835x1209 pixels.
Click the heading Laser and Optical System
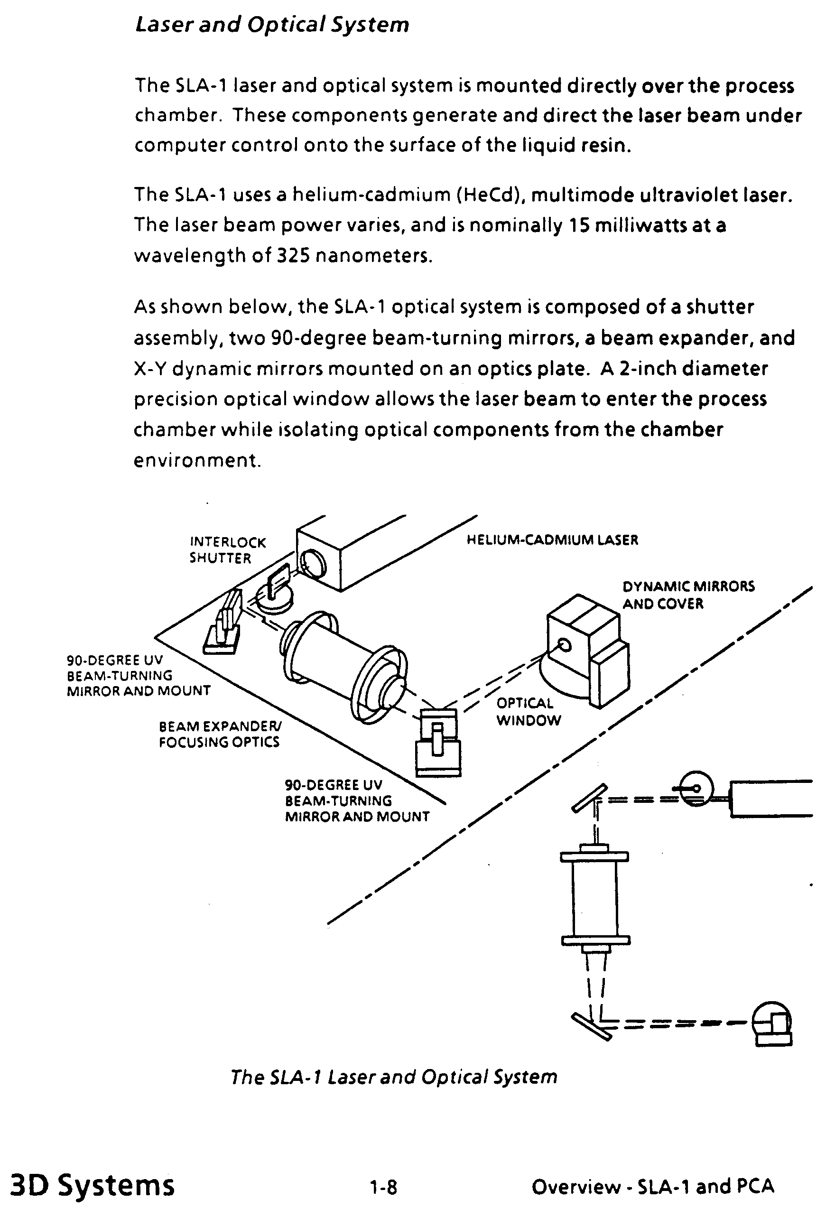(272, 25)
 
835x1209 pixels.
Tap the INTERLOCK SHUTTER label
(228, 550)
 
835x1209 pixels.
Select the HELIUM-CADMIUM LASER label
(552, 539)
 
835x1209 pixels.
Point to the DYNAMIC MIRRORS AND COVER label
(688, 595)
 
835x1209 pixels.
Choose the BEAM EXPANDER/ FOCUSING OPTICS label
(220, 734)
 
